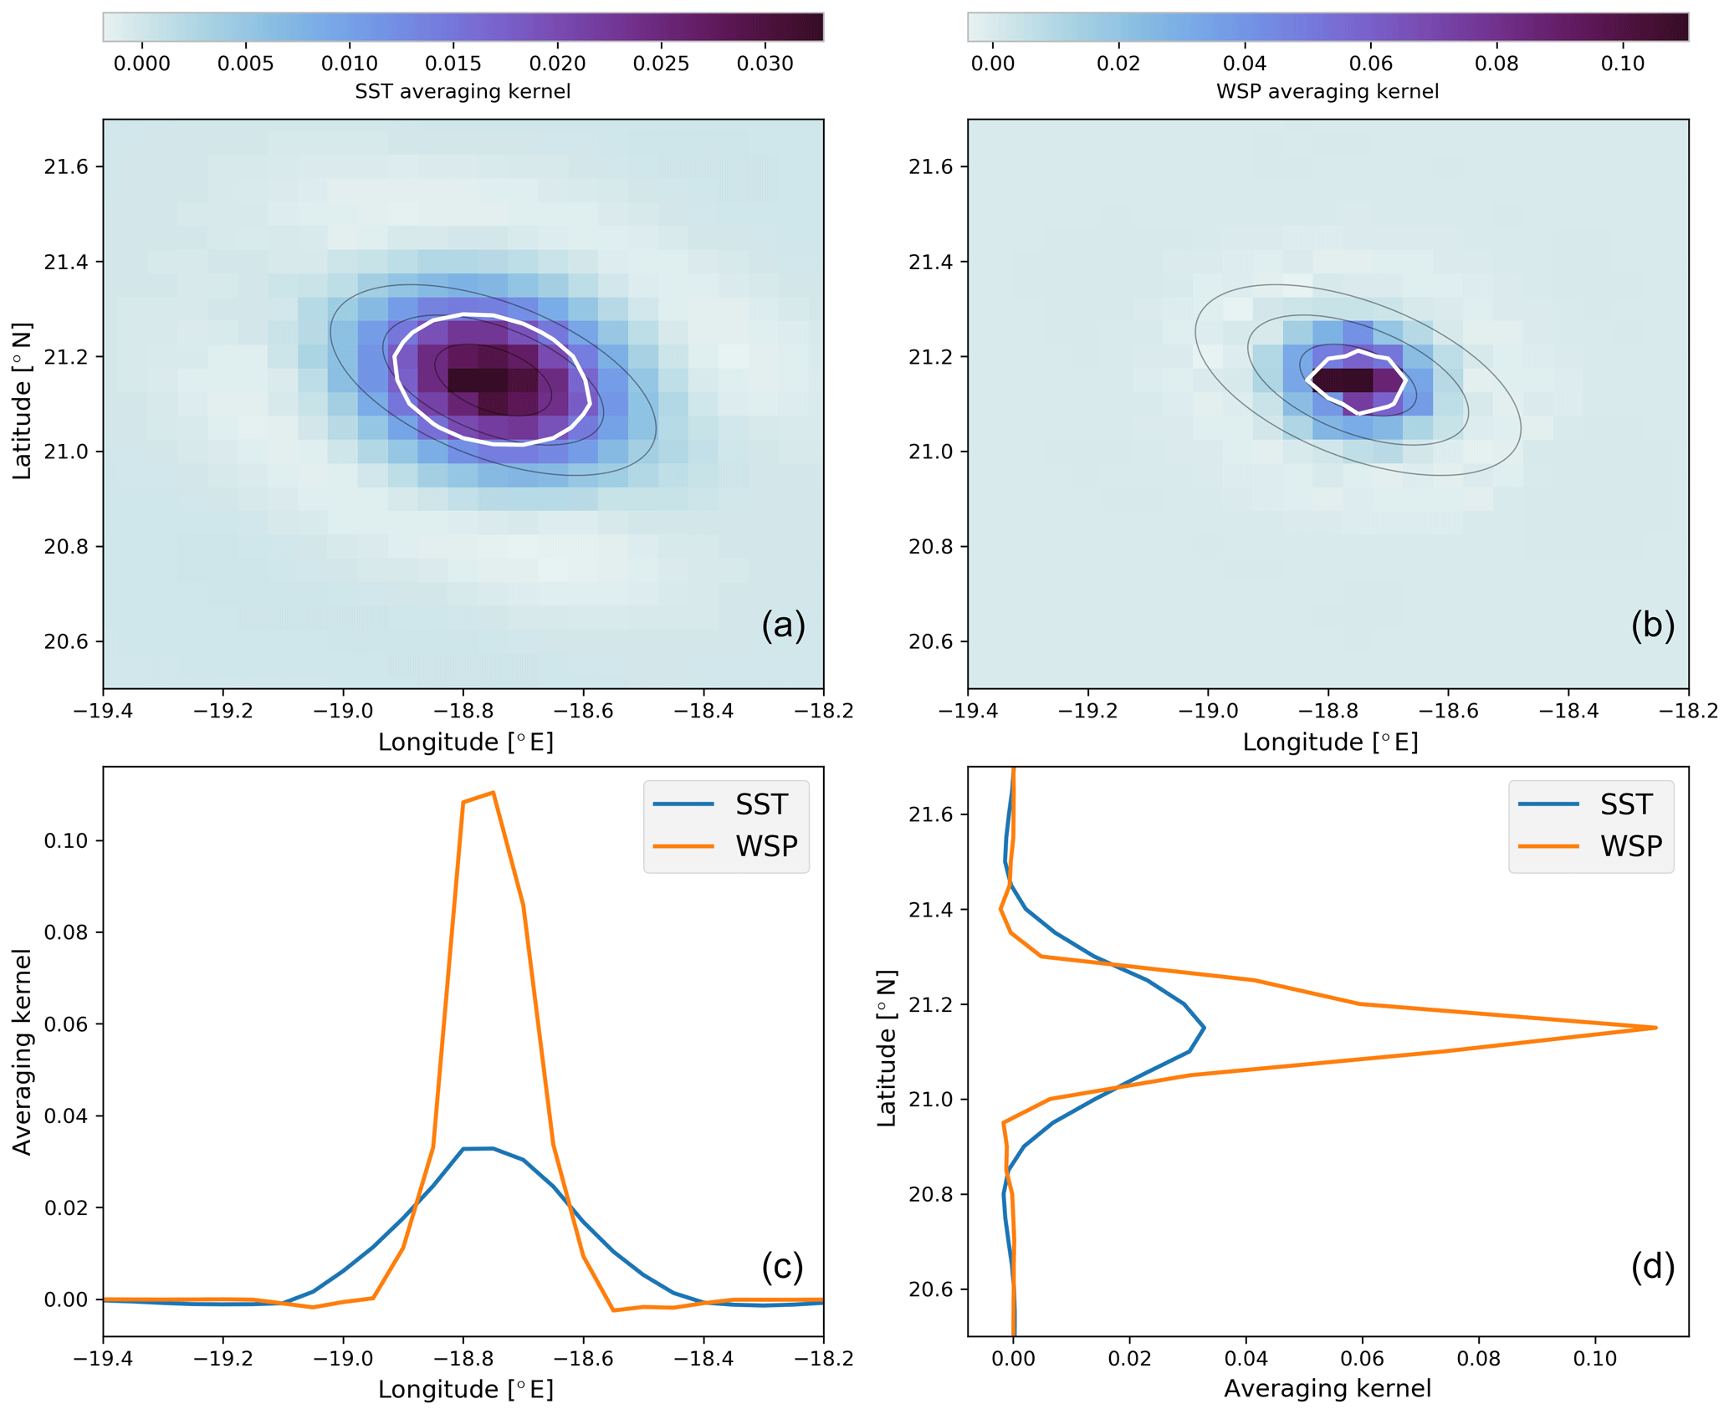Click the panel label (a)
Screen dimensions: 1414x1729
pyautogui.click(x=783, y=625)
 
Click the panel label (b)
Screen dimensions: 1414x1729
pyautogui.click(x=1652, y=625)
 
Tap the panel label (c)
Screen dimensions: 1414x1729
pyautogui.click(x=782, y=1266)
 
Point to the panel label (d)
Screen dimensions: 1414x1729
pyautogui.click(x=1652, y=1266)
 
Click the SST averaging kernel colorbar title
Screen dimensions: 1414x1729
pyautogui.click(x=463, y=91)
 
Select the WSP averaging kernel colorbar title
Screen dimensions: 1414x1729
pyautogui.click(x=1327, y=91)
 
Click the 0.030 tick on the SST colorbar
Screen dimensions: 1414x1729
pyautogui.click(x=765, y=64)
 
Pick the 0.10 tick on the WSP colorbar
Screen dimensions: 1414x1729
pyautogui.click(x=1623, y=64)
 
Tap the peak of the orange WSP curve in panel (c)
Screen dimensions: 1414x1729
pyautogui.click(x=494, y=792)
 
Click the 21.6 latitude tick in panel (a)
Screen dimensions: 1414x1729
pyautogui.click(x=66, y=166)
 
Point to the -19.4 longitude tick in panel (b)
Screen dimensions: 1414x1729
pyautogui.click(x=967, y=711)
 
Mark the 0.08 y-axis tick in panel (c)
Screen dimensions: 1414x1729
pyautogui.click(x=66, y=932)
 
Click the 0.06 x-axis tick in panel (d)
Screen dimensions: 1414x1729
pyautogui.click(x=1363, y=1358)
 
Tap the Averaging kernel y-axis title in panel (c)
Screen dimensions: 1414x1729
pyautogui.click(x=23, y=1052)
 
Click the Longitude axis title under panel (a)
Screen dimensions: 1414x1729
pyautogui.click(x=466, y=742)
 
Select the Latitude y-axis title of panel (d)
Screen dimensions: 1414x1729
pyautogui.click(x=887, y=1048)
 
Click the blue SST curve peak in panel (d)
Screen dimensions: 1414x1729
pyautogui.click(x=1204, y=1028)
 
